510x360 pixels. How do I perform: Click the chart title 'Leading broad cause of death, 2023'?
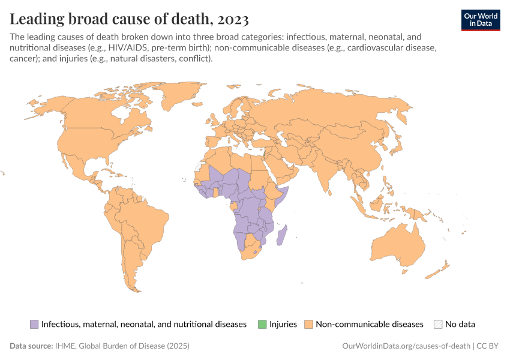[129, 19]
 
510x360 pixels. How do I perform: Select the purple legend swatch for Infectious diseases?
[34, 324]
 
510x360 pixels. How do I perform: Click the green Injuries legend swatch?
[262, 324]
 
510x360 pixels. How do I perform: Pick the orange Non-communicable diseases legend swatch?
[308, 324]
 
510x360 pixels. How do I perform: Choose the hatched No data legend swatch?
[438, 324]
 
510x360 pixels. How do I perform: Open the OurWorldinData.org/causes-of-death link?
[406, 346]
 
